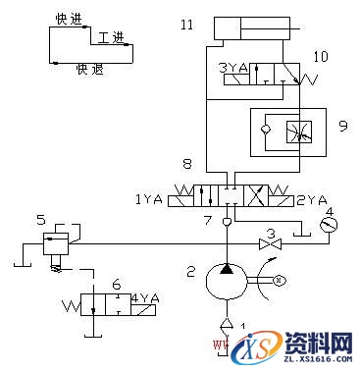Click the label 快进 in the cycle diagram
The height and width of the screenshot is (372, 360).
(71, 19)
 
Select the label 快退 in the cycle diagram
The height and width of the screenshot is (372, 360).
(89, 70)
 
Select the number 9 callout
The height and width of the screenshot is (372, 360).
(342, 125)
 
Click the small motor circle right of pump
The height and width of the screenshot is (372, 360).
(279, 280)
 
